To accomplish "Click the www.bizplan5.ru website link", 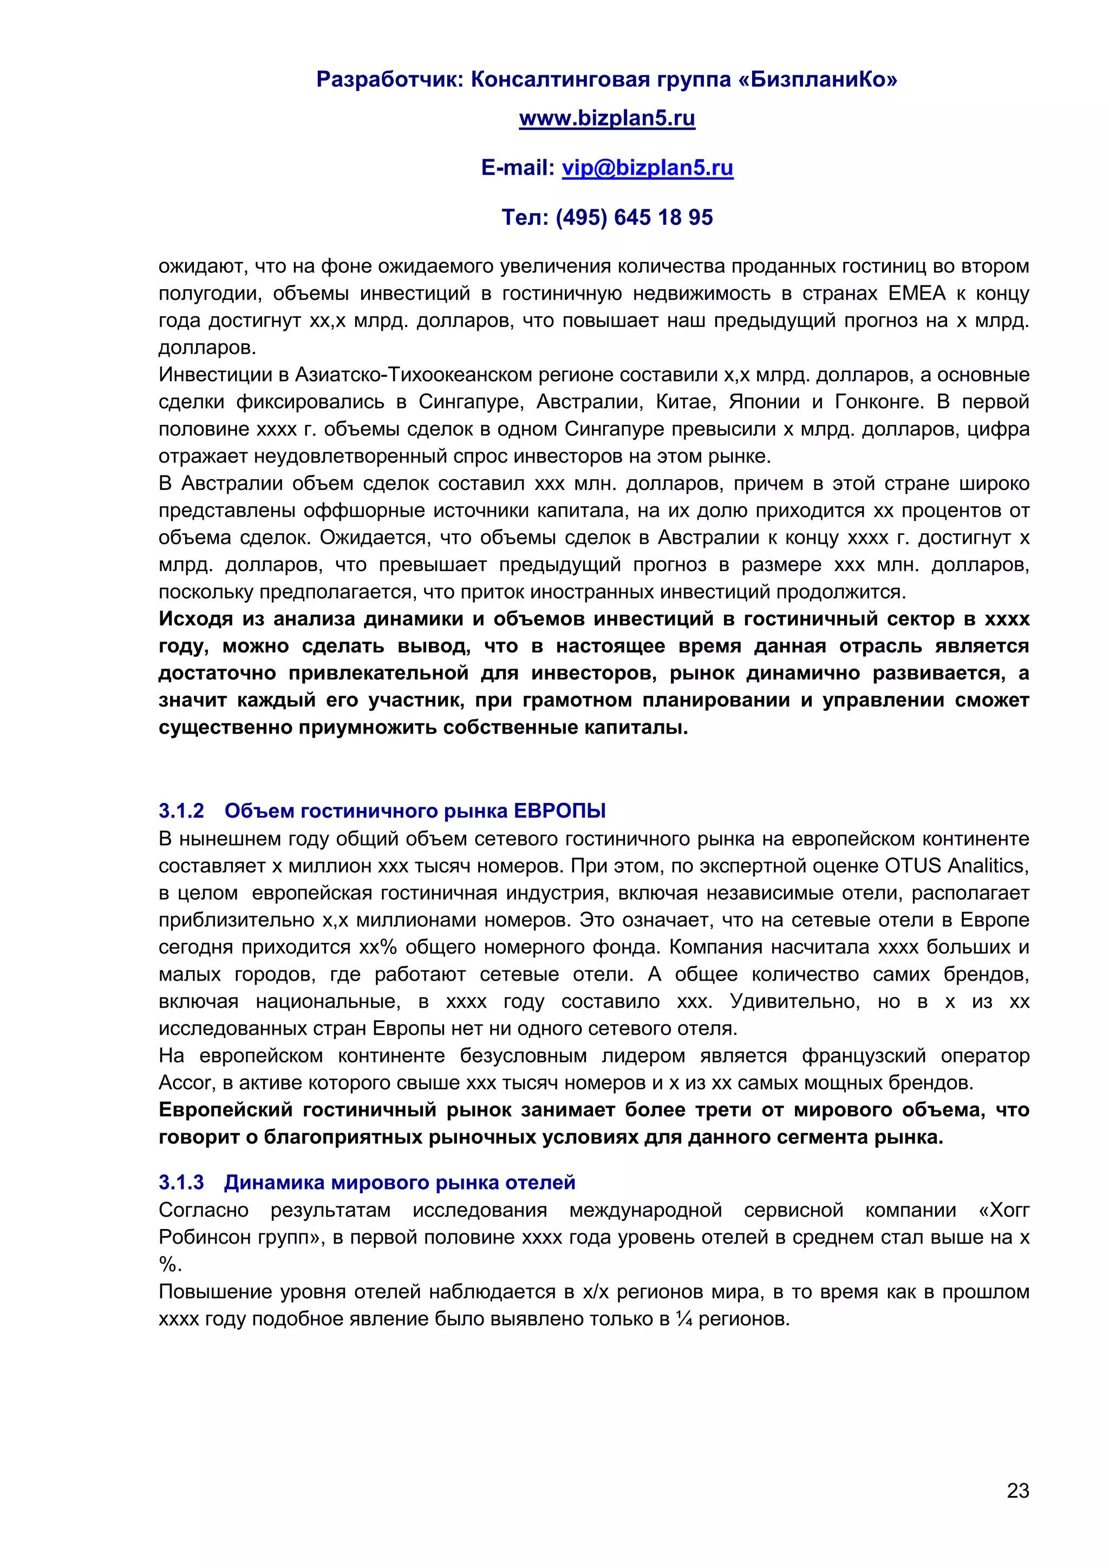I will (x=606, y=118).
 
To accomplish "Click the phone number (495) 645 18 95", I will (x=634, y=217).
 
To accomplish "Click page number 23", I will (x=1017, y=1490).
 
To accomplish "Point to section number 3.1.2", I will (x=181, y=811).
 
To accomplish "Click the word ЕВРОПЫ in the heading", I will (x=559, y=811).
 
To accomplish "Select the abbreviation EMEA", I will (x=916, y=293).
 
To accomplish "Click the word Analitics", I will (x=988, y=866).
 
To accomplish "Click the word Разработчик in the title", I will (x=390, y=80).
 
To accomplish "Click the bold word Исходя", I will (x=195, y=619).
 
